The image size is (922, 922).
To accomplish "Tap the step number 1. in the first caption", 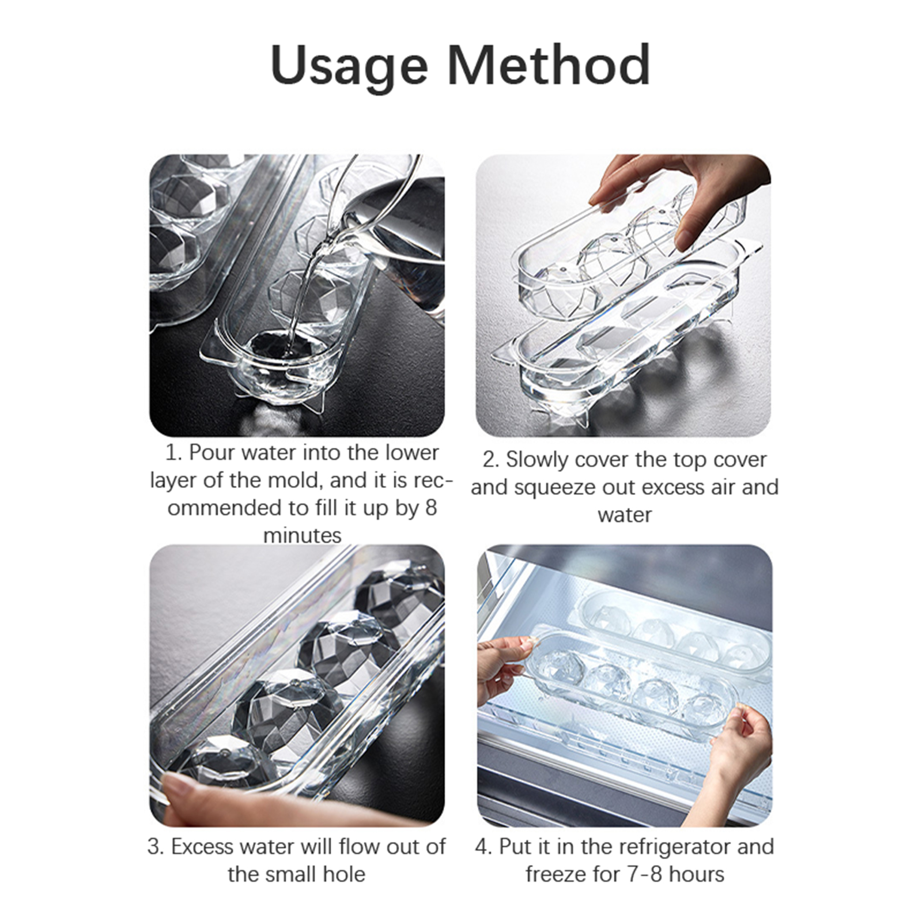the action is (x=174, y=453).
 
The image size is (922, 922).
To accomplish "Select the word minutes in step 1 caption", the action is (x=302, y=536).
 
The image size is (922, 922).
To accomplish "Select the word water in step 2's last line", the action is (x=625, y=515).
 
